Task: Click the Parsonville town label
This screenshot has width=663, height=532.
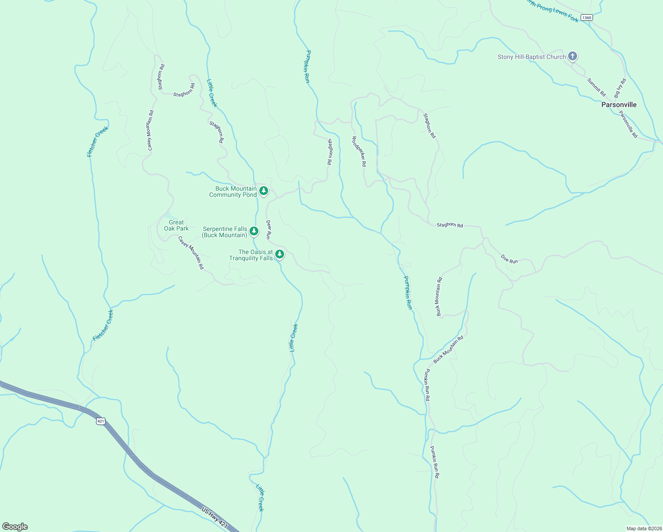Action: pyautogui.click(x=619, y=105)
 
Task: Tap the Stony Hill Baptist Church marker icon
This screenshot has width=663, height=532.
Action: pyautogui.click(x=573, y=56)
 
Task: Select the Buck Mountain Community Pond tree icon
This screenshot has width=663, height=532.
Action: pyautogui.click(x=264, y=191)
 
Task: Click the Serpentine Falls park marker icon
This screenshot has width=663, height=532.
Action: pyautogui.click(x=254, y=231)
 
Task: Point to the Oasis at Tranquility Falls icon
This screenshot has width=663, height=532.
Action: pyautogui.click(x=280, y=254)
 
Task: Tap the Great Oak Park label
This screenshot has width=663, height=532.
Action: pyautogui.click(x=176, y=226)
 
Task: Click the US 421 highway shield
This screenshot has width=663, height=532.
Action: pyautogui.click(x=101, y=421)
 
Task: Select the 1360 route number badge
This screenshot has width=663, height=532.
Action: pyautogui.click(x=586, y=18)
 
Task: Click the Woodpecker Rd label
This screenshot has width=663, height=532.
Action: pyautogui.click(x=359, y=151)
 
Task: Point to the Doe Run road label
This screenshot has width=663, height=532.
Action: pyautogui.click(x=509, y=259)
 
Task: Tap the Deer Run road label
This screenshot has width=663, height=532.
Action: pyautogui.click(x=269, y=230)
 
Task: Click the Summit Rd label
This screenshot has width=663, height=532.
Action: pyautogui.click(x=597, y=87)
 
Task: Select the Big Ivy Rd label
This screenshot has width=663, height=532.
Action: pyautogui.click(x=620, y=88)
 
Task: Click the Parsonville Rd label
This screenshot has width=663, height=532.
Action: pyautogui.click(x=628, y=125)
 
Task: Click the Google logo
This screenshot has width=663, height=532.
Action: pyautogui.click(x=15, y=527)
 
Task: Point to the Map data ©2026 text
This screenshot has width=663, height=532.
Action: pyautogui.click(x=643, y=528)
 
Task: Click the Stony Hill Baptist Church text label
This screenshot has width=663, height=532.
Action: pyautogui.click(x=531, y=57)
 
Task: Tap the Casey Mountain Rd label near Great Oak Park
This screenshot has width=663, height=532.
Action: pyautogui.click(x=191, y=253)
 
